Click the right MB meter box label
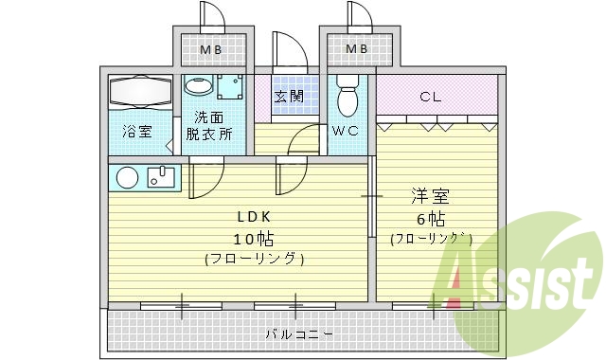click(x=356, y=49)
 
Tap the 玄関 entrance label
click(x=289, y=96)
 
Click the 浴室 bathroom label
click(x=137, y=133)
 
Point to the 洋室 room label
click(x=431, y=197)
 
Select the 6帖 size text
click(x=431, y=219)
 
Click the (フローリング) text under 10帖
click(x=253, y=259)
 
